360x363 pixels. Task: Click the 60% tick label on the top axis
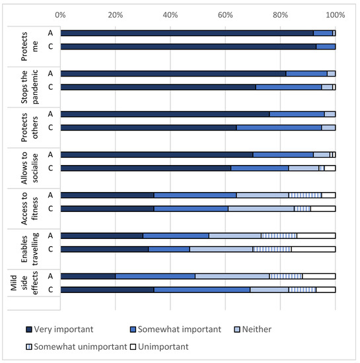tap(225, 15)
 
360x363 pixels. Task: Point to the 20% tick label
tap(115, 15)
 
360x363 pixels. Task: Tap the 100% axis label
tap(335, 15)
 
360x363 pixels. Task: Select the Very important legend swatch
tap(29, 329)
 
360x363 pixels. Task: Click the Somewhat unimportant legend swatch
tap(29, 346)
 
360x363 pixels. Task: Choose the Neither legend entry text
tap(257, 329)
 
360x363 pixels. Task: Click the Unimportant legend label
tap(163, 346)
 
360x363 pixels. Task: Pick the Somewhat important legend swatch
tap(133, 329)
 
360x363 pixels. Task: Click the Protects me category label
tap(30, 47)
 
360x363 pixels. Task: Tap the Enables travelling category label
tap(30, 249)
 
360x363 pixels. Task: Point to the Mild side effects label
tap(24, 283)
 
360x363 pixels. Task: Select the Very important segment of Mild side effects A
tap(88, 276)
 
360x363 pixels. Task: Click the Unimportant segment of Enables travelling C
tap(313, 249)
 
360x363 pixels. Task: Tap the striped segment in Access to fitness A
tap(305, 195)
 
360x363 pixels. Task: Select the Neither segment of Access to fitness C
tap(261, 209)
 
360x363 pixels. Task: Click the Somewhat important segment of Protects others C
tap(279, 127)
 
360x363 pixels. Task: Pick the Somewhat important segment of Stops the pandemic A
tap(306, 74)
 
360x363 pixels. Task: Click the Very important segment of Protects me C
tap(188, 47)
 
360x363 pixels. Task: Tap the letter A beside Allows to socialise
tap(50, 154)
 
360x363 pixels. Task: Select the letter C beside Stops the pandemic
tap(50, 87)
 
